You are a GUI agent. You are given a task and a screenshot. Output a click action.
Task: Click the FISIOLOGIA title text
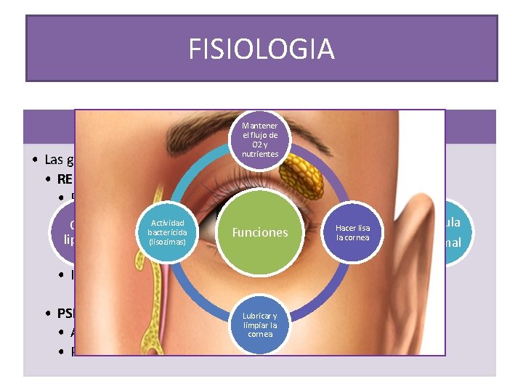(261, 49)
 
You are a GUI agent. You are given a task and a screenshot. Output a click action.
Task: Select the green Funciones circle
(259, 232)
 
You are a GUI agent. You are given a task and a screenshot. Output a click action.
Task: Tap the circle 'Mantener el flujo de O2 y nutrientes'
(260, 139)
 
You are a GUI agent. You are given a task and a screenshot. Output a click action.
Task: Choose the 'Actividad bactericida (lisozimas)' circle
(168, 232)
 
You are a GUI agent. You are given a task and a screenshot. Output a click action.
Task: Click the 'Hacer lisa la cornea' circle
(352, 232)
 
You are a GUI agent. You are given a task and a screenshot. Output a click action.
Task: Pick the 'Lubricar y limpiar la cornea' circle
(260, 324)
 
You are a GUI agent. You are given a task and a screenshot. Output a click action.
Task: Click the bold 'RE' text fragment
(65, 179)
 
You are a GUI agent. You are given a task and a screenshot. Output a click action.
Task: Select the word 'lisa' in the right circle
(363, 228)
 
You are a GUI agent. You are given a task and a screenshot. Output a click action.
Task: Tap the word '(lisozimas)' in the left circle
(168, 241)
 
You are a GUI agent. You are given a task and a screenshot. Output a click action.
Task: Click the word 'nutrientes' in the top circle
(260, 154)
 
